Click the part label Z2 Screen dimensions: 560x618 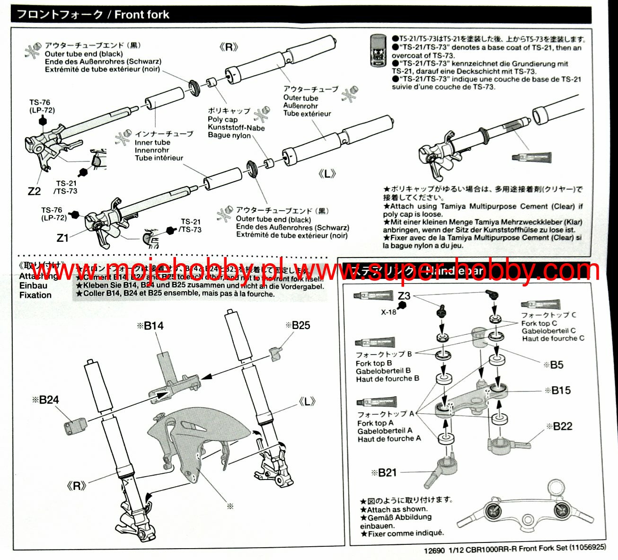34,192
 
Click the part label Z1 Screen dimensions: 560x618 62,238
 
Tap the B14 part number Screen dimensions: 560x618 153,326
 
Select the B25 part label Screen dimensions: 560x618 300,325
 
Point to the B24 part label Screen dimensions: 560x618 48,400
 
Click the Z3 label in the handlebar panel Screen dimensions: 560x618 404,296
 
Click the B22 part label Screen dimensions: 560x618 562,427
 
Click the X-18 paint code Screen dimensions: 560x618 388,312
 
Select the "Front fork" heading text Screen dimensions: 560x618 141,15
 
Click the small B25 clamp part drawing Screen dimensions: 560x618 275,353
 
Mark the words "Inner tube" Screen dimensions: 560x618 152,142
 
